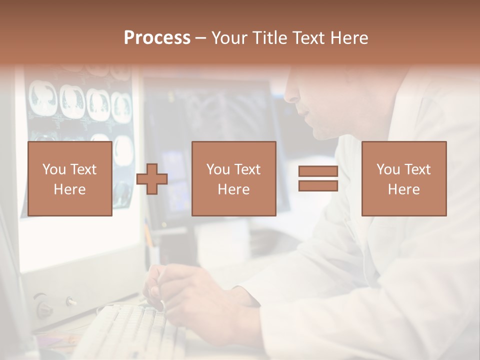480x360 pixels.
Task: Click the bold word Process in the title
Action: [x=157, y=38]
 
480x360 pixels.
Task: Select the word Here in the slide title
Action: [x=349, y=38]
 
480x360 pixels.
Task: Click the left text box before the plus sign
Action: [x=69, y=178]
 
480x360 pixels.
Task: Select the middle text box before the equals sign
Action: [x=233, y=178]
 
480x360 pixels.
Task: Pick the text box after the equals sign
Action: [x=403, y=178]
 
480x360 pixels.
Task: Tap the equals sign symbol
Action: [x=318, y=178]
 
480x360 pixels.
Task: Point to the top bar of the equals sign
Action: [x=318, y=171]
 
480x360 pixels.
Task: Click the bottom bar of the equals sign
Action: [x=318, y=185]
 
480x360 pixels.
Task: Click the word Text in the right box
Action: [x=417, y=169]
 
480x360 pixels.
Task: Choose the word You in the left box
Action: [x=53, y=169]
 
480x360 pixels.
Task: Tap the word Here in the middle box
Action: [x=233, y=189]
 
